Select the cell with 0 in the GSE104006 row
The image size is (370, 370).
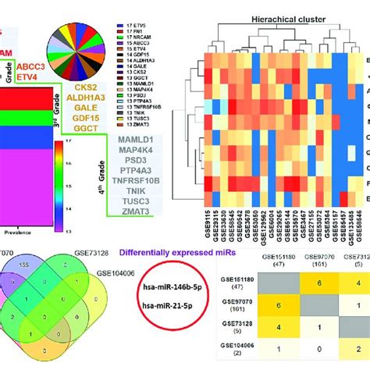308,352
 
